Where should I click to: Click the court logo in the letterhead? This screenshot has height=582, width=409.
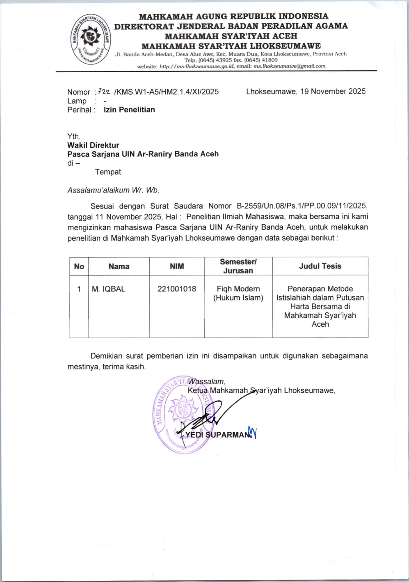point(90,39)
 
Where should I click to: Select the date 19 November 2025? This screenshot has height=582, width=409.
point(333,92)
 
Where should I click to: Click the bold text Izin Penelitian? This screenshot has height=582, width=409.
point(129,110)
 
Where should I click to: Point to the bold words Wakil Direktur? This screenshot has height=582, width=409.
point(93,145)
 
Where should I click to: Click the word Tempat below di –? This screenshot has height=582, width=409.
point(108,172)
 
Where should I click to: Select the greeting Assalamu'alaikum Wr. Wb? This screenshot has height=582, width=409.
point(113,190)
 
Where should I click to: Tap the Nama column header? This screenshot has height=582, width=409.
point(119,266)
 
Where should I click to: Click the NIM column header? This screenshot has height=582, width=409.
point(177,266)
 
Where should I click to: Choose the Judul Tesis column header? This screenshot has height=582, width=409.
point(320,266)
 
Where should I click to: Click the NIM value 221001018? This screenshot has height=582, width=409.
point(177,289)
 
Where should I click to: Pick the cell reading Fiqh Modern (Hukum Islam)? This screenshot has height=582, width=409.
point(238,293)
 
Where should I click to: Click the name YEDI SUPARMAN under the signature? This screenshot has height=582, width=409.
point(217,435)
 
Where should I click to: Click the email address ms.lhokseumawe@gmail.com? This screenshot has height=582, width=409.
point(289,66)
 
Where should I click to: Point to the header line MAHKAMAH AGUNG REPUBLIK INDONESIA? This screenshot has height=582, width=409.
point(233,16)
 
